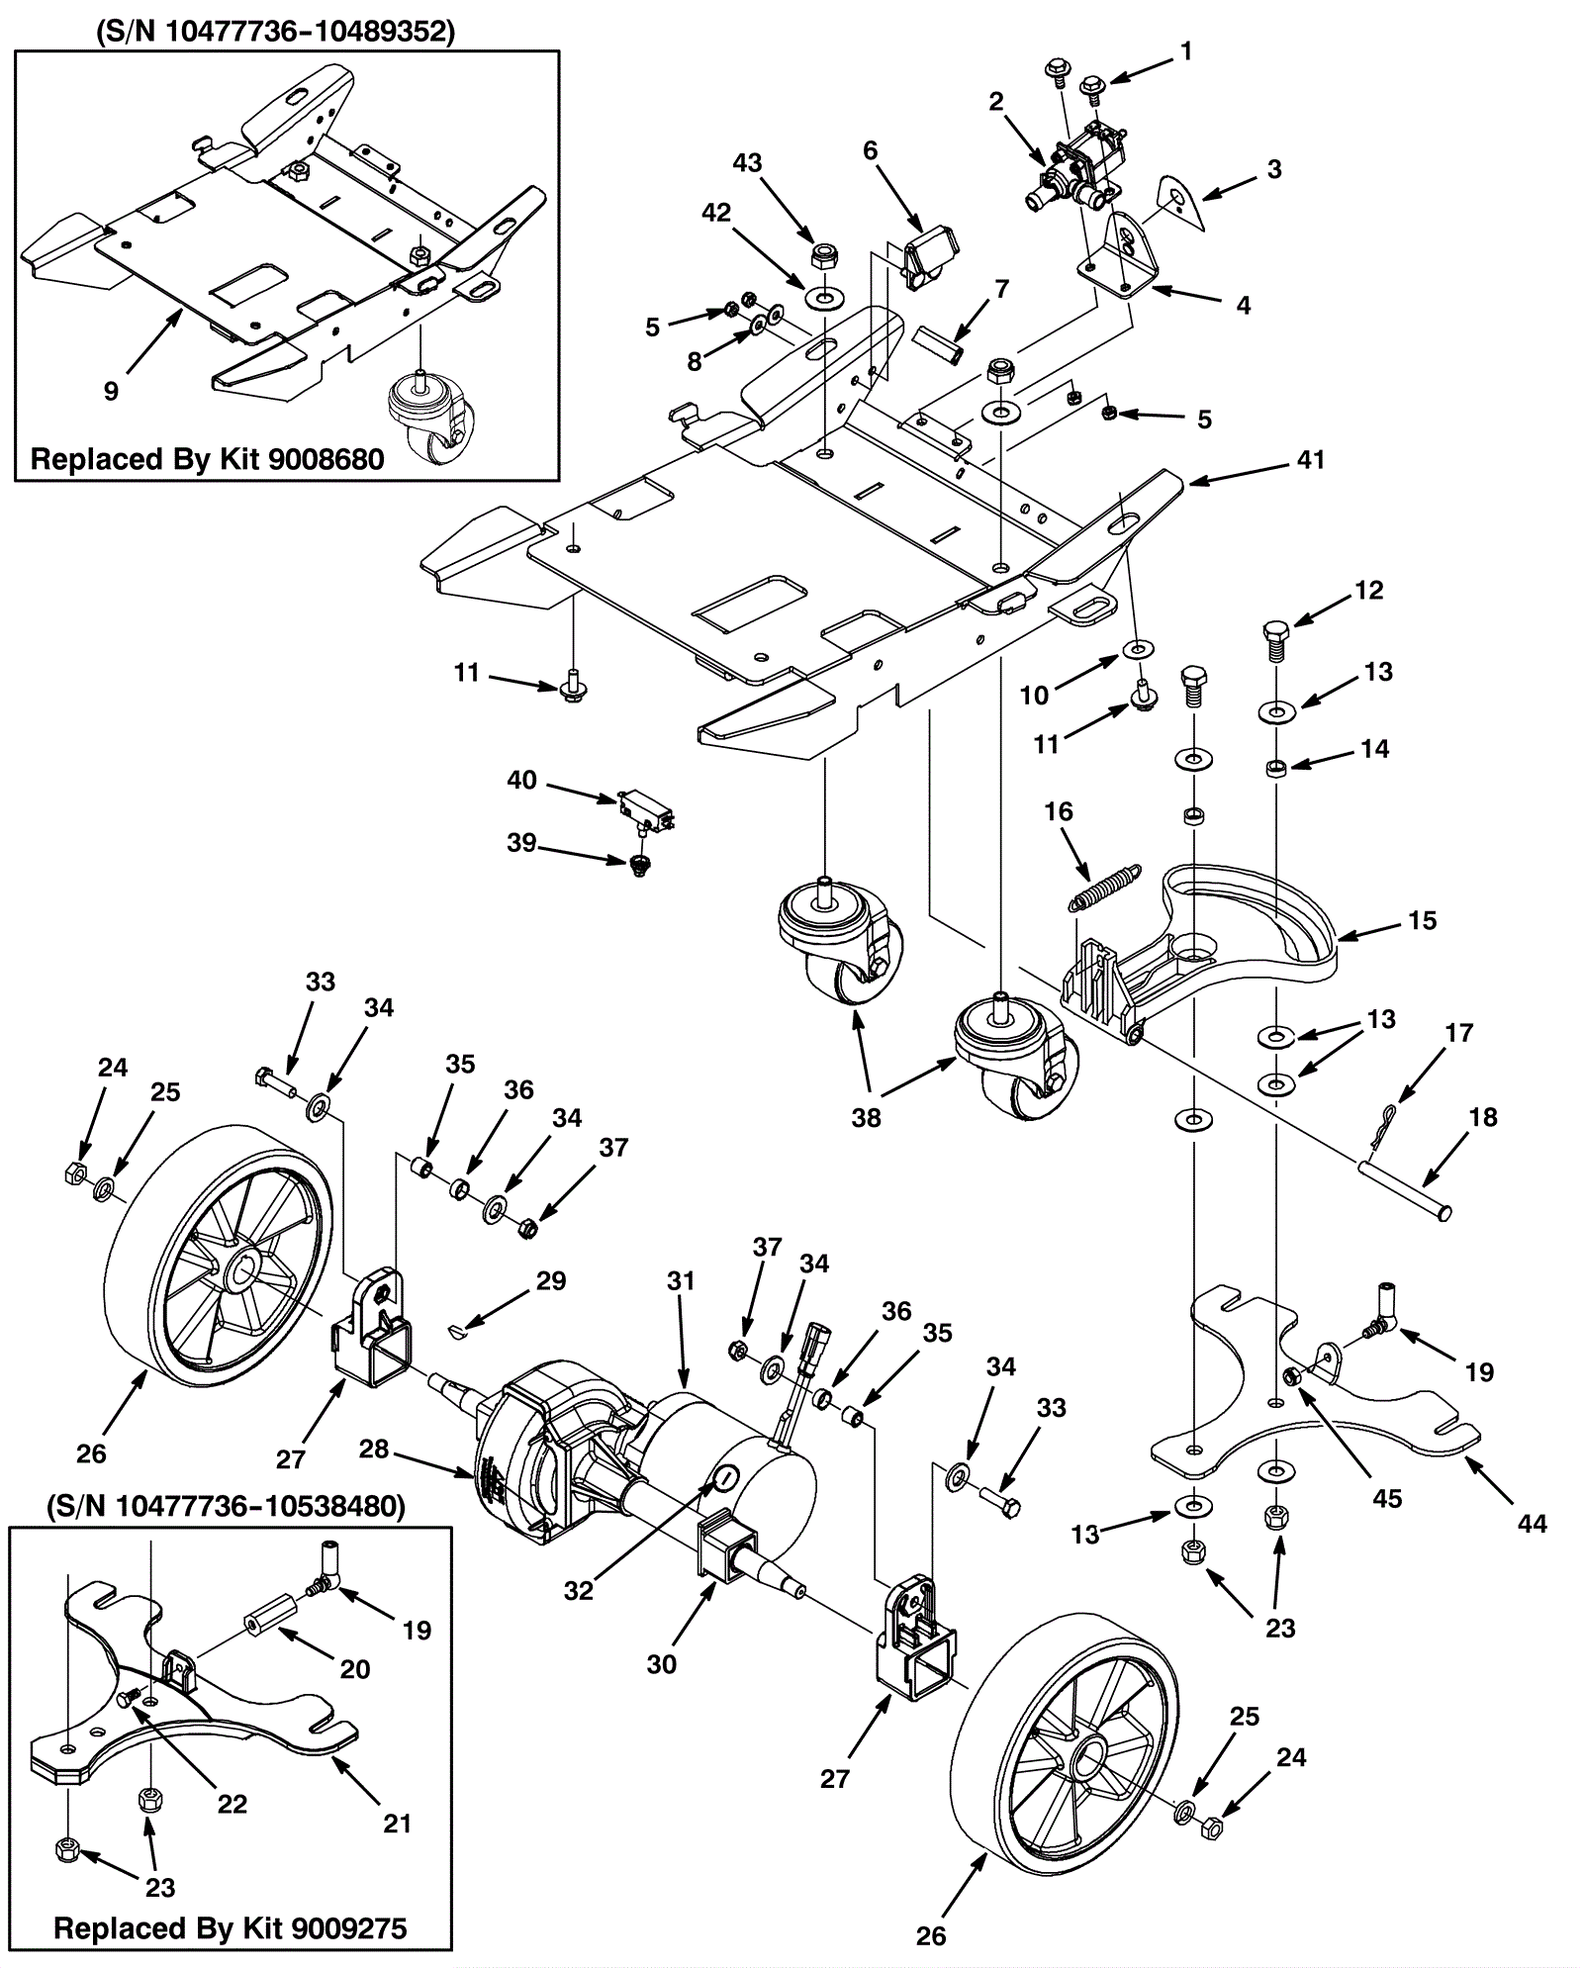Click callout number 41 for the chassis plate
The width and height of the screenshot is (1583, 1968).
[1310, 460]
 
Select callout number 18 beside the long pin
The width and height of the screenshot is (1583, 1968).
[1483, 1118]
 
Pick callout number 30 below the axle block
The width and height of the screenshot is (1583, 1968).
[661, 1664]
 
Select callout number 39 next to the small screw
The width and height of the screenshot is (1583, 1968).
[521, 842]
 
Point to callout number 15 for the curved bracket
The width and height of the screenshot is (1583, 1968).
[1422, 920]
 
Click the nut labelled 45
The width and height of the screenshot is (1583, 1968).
[1291, 1376]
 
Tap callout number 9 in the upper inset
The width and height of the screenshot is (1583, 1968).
[111, 392]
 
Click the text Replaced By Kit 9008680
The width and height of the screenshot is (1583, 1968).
[207, 459]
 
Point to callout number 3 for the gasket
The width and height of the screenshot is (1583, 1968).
[1274, 169]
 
